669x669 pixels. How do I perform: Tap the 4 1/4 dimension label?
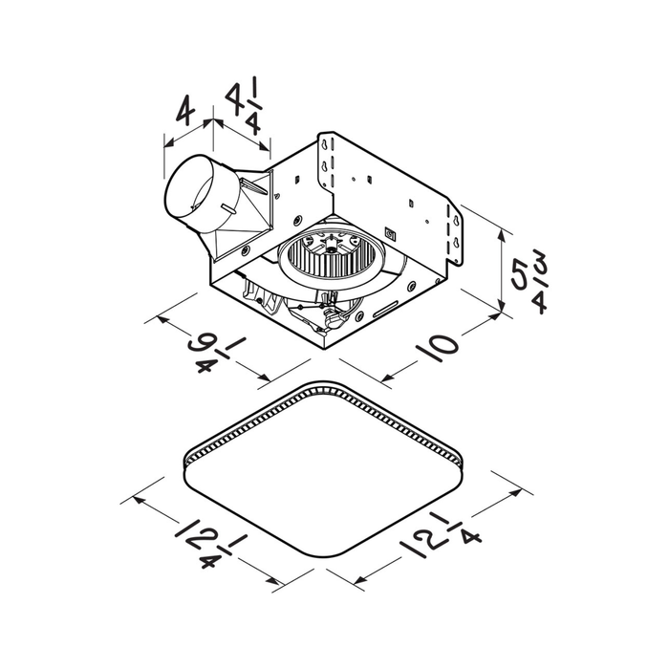244,108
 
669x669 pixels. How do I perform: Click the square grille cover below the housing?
326,478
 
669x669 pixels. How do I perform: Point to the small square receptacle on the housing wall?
390,232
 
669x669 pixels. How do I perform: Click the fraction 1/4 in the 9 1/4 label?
218,357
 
